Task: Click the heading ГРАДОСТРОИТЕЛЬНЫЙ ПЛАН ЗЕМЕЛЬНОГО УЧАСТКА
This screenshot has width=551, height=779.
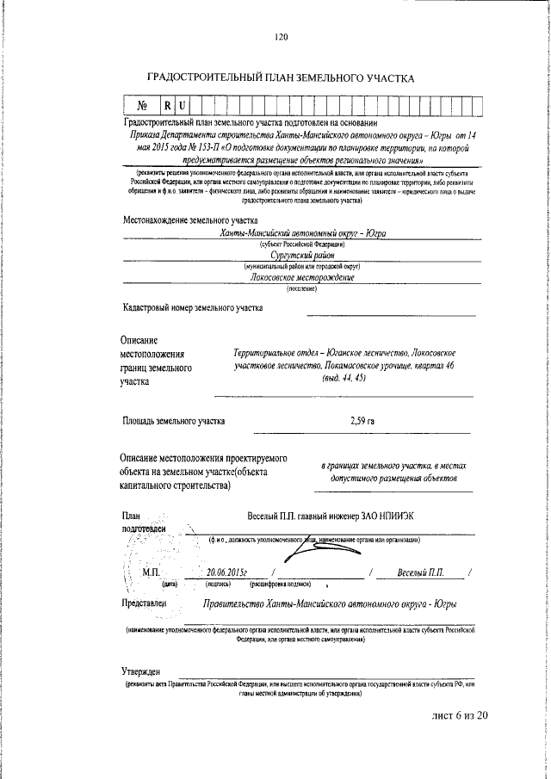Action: click(282, 78)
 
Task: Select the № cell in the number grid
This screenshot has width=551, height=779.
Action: click(143, 106)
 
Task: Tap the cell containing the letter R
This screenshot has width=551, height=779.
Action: click(169, 106)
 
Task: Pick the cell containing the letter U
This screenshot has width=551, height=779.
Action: click(182, 106)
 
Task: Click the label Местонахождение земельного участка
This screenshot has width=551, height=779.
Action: click(184, 221)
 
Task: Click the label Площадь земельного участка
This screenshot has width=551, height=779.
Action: click(174, 422)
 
